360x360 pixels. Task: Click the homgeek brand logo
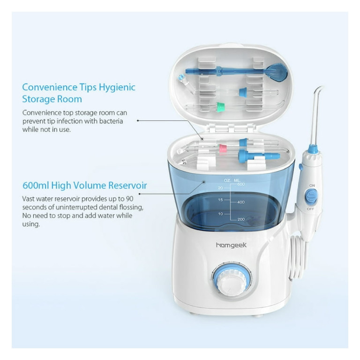click(231, 245)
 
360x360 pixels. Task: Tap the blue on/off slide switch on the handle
click(311, 197)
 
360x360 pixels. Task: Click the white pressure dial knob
click(232, 282)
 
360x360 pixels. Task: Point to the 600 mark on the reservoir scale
click(241, 184)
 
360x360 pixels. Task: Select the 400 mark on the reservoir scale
click(241, 202)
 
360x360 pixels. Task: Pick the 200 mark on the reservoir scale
click(241, 219)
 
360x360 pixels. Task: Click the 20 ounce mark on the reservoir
click(220, 188)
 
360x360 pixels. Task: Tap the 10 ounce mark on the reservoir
click(220, 214)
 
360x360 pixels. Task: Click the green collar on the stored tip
click(220, 107)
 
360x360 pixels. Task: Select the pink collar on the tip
click(223, 148)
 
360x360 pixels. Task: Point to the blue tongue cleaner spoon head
click(277, 72)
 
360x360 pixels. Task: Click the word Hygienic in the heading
click(117, 88)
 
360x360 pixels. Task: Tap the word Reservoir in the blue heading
click(127, 186)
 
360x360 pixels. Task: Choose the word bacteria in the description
click(111, 121)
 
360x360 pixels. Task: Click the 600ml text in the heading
click(36, 186)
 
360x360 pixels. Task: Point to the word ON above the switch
click(312, 185)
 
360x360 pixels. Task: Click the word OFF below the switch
click(311, 209)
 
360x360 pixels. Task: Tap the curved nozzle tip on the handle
click(317, 92)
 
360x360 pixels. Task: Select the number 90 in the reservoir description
click(129, 199)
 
